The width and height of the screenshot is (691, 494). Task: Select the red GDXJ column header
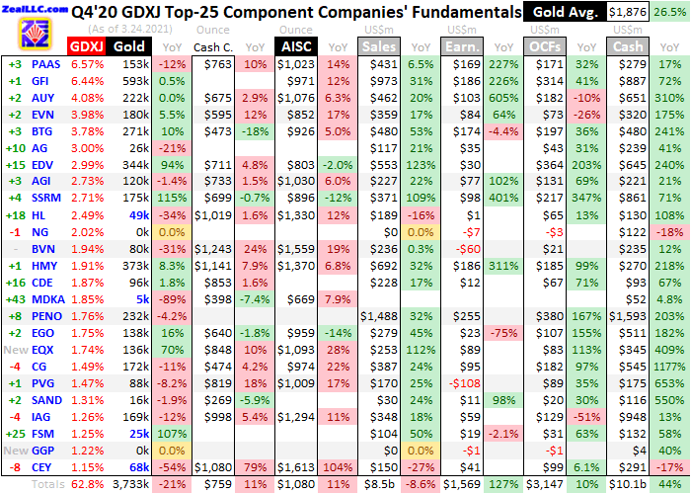tap(84, 46)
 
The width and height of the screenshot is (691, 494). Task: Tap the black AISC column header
tap(297, 46)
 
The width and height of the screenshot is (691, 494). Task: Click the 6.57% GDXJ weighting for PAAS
tap(86, 63)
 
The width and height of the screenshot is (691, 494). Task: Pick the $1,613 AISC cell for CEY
tap(298, 465)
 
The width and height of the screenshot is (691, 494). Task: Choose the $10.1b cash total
tap(626, 483)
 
